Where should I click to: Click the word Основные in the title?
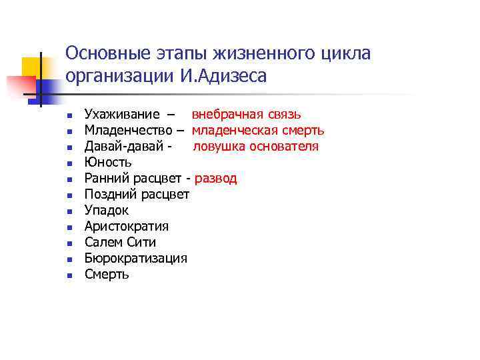coord(110,53)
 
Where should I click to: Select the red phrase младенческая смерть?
coord(258,131)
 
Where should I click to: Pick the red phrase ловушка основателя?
coord(256,147)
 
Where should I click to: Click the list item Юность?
coord(108,163)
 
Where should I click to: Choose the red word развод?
coord(215,179)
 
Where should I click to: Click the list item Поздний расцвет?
coord(137,195)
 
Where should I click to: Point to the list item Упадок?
coord(107,211)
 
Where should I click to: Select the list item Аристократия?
coord(127,227)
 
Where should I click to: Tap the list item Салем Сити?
coord(120,243)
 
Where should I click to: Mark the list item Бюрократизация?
coord(136,259)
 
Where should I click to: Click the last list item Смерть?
coord(107,275)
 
